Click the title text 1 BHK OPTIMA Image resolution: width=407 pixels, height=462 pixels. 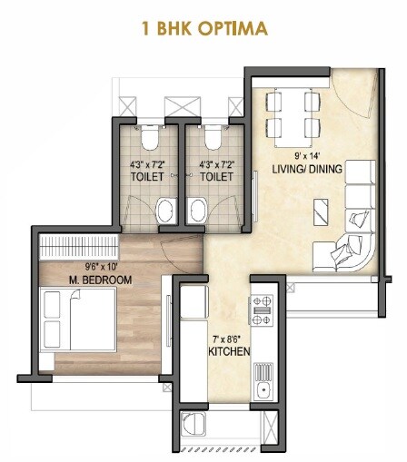(203, 28)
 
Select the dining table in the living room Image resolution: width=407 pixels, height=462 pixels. (292, 113)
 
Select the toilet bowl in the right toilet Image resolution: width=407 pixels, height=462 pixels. (213, 138)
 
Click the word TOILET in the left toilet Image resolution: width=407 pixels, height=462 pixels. (147, 178)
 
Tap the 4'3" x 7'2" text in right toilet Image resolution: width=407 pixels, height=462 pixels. (217, 165)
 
